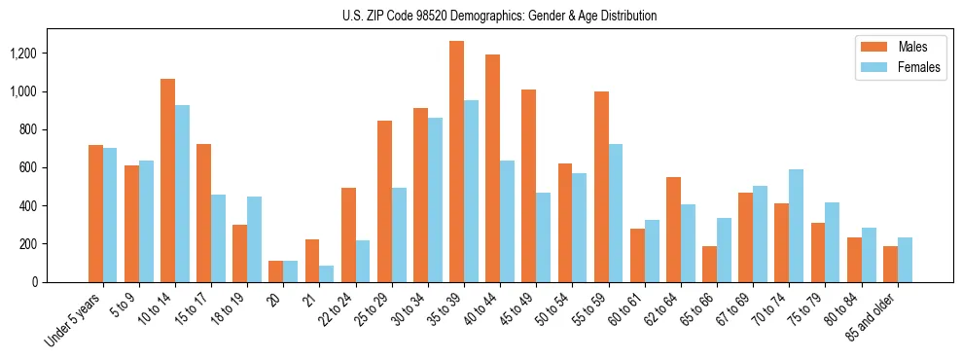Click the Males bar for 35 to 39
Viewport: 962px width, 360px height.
456,162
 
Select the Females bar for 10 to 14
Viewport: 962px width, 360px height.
182,194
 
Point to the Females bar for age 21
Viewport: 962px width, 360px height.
327,273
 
